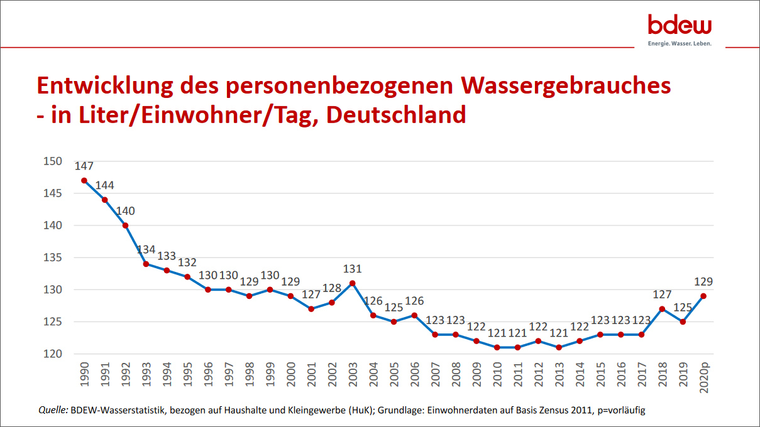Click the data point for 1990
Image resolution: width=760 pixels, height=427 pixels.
[x=84, y=180]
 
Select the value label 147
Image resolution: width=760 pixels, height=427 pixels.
[x=84, y=167]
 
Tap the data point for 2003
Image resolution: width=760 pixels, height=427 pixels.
[x=353, y=283]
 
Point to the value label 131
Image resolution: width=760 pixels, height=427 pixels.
[x=353, y=269]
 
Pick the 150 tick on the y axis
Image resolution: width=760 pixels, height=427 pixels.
[x=53, y=161]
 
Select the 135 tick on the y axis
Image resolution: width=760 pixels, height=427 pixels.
[x=53, y=257]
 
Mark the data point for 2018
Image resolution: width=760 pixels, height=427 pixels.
[x=662, y=309]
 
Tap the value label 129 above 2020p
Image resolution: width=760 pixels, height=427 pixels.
[x=703, y=282]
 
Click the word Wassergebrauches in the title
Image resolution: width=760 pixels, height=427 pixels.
[x=566, y=85]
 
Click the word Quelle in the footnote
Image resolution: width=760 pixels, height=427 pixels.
[x=53, y=411]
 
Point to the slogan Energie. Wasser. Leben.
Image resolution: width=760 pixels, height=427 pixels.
[x=680, y=44]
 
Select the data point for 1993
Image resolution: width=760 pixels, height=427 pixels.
[x=146, y=264]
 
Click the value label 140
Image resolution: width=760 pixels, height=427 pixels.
[x=126, y=211]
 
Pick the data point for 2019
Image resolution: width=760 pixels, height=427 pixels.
[x=683, y=322]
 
